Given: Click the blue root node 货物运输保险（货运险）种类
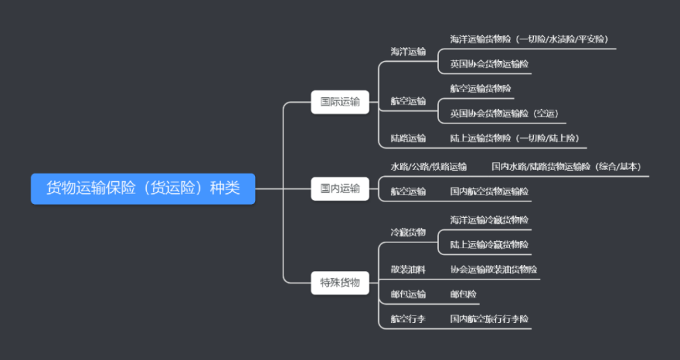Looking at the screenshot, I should (x=143, y=189).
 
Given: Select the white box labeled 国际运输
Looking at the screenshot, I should (x=339, y=102).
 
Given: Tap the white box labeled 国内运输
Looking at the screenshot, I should (x=339, y=189).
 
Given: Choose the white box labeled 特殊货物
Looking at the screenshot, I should (x=339, y=282).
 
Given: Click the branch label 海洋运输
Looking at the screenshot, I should (x=408, y=52).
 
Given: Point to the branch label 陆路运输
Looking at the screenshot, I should (x=408, y=138).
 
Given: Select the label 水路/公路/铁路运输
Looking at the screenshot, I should (x=428, y=166).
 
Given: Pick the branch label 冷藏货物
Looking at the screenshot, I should (x=408, y=232).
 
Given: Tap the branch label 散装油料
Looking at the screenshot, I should (x=408, y=269).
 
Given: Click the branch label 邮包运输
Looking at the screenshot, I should (x=408, y=294).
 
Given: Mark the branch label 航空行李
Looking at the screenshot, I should (x=408, y=319).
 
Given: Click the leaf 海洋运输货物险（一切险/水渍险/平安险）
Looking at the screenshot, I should (x=529, y=39).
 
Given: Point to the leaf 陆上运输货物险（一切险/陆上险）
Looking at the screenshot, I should (x=515, y=138).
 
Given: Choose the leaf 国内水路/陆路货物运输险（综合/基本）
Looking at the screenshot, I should (x=566, y=166).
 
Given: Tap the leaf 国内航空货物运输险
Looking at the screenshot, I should (x=489, y=191).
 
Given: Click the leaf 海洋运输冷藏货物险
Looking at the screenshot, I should (x=489, y=219).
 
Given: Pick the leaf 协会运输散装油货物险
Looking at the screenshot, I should (x=493, y=269).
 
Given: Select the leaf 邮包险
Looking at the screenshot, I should (x=463, y=294).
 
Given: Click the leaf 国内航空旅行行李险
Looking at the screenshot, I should (x=489, y=319).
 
